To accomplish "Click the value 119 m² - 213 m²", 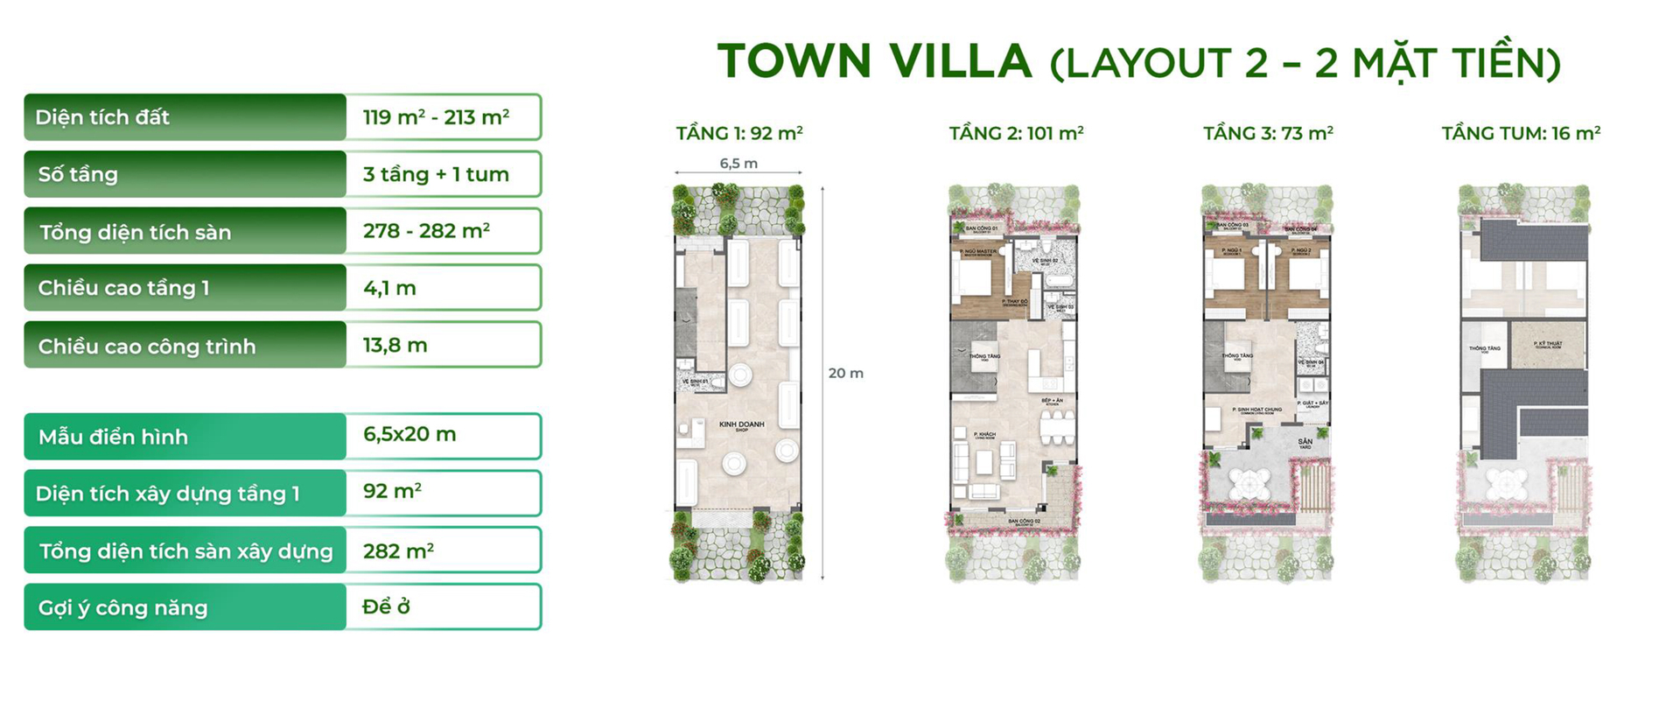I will point(436,117).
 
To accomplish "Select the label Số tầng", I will point(78,174).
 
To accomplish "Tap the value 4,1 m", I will point(389,288).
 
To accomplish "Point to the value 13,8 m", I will point(395,345).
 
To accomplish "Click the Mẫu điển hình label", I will point(113,437).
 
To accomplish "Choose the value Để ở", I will point(386,606).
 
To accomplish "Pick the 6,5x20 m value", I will point(409,434).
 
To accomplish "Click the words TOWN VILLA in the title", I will point(874,61).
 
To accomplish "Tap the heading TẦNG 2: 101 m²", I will point(1016,133).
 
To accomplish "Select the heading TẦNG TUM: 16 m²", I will point(1521,133).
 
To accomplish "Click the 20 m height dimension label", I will point(845,373).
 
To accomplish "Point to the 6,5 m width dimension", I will point(738,164).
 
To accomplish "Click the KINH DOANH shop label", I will point(741,425).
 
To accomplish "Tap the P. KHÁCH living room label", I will point(985,435).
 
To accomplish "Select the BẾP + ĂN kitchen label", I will point(1052,402).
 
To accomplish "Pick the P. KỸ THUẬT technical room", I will point(1548,344).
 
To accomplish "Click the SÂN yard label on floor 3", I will point(1305,443).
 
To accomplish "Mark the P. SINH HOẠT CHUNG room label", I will point(1256,410).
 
